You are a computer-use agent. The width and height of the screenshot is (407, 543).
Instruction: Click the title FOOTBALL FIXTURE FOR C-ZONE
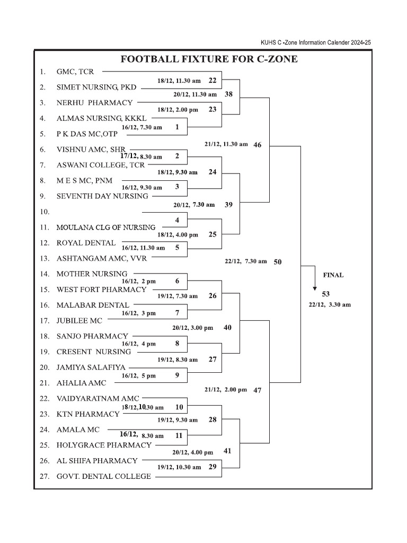(209, 59)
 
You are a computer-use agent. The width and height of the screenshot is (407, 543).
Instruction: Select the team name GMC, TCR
(75, 71)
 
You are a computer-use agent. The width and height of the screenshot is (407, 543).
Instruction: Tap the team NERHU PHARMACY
(94, 102)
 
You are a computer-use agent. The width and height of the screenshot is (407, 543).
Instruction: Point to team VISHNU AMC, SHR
(91, 150)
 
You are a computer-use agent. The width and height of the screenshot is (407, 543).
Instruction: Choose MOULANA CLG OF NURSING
(106, 227)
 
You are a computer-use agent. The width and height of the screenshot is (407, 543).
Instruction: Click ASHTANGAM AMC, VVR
(102, 259)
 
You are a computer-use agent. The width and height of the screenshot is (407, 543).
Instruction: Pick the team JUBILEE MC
(79, 321)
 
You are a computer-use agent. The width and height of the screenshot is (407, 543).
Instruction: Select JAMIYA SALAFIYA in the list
(91, 367)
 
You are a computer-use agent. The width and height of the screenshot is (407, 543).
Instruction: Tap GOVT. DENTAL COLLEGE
(104, 477)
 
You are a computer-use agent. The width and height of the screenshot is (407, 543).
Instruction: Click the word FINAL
(333, 275)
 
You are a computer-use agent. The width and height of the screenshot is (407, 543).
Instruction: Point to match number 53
(326, 294)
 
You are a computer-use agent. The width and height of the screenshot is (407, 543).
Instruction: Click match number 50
(278, 262)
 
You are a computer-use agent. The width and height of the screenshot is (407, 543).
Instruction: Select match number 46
(257, 145)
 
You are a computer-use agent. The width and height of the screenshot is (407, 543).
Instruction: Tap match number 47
(258, 390)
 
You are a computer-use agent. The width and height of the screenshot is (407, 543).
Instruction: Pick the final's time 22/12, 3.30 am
(330, 305)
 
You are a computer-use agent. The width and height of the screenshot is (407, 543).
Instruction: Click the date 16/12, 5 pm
(139, 376)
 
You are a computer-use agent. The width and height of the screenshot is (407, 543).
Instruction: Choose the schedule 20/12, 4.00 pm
(193, 452)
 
